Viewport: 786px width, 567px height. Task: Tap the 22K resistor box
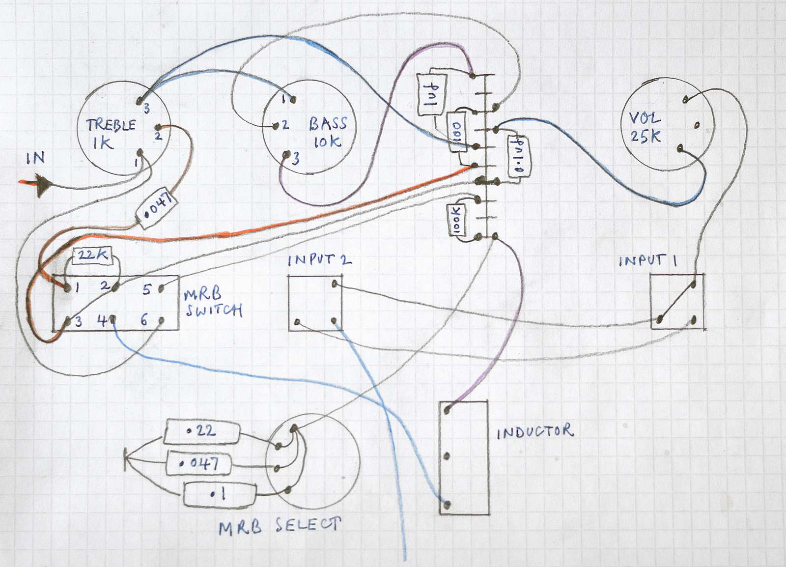point(92,255)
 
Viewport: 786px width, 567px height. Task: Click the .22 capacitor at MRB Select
point(202,431)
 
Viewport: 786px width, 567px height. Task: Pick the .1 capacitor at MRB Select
point(220,494)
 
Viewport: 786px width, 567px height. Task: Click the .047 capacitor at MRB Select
point(198,463)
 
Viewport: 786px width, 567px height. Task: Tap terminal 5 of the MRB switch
point(161,289)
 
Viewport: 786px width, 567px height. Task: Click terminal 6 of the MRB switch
point(161,321)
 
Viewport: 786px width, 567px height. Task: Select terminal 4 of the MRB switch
point(112,320)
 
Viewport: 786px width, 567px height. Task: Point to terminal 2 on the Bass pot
point(276,126)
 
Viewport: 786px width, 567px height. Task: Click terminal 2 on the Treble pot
point(158,128)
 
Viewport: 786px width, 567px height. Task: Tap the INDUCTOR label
point(534,432)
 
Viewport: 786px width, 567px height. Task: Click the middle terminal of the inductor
point(447,456)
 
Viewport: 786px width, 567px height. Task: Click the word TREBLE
point(111,125)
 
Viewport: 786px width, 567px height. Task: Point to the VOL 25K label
point(646,127)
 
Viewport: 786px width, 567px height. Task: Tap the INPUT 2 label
point(319,260)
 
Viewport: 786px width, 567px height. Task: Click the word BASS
point(328,123)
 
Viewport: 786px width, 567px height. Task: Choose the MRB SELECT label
point(280,526)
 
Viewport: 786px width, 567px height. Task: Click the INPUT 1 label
point(647,261)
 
